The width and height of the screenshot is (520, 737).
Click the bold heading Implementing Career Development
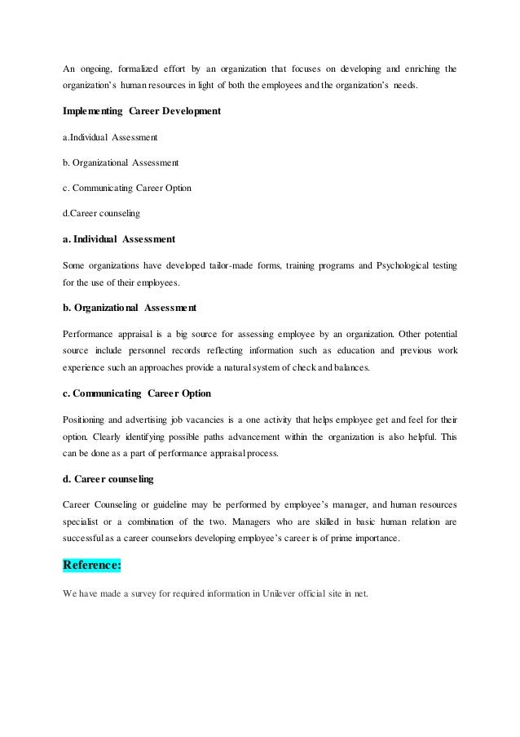[x=142, y=110]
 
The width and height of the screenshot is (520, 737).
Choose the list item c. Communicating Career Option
[x=127, y=189]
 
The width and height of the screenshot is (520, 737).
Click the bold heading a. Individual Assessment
[x=119, y=239]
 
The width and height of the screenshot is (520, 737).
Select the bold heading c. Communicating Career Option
[x=137, y=393]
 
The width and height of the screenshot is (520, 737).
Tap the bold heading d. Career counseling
[x=108, y=478]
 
